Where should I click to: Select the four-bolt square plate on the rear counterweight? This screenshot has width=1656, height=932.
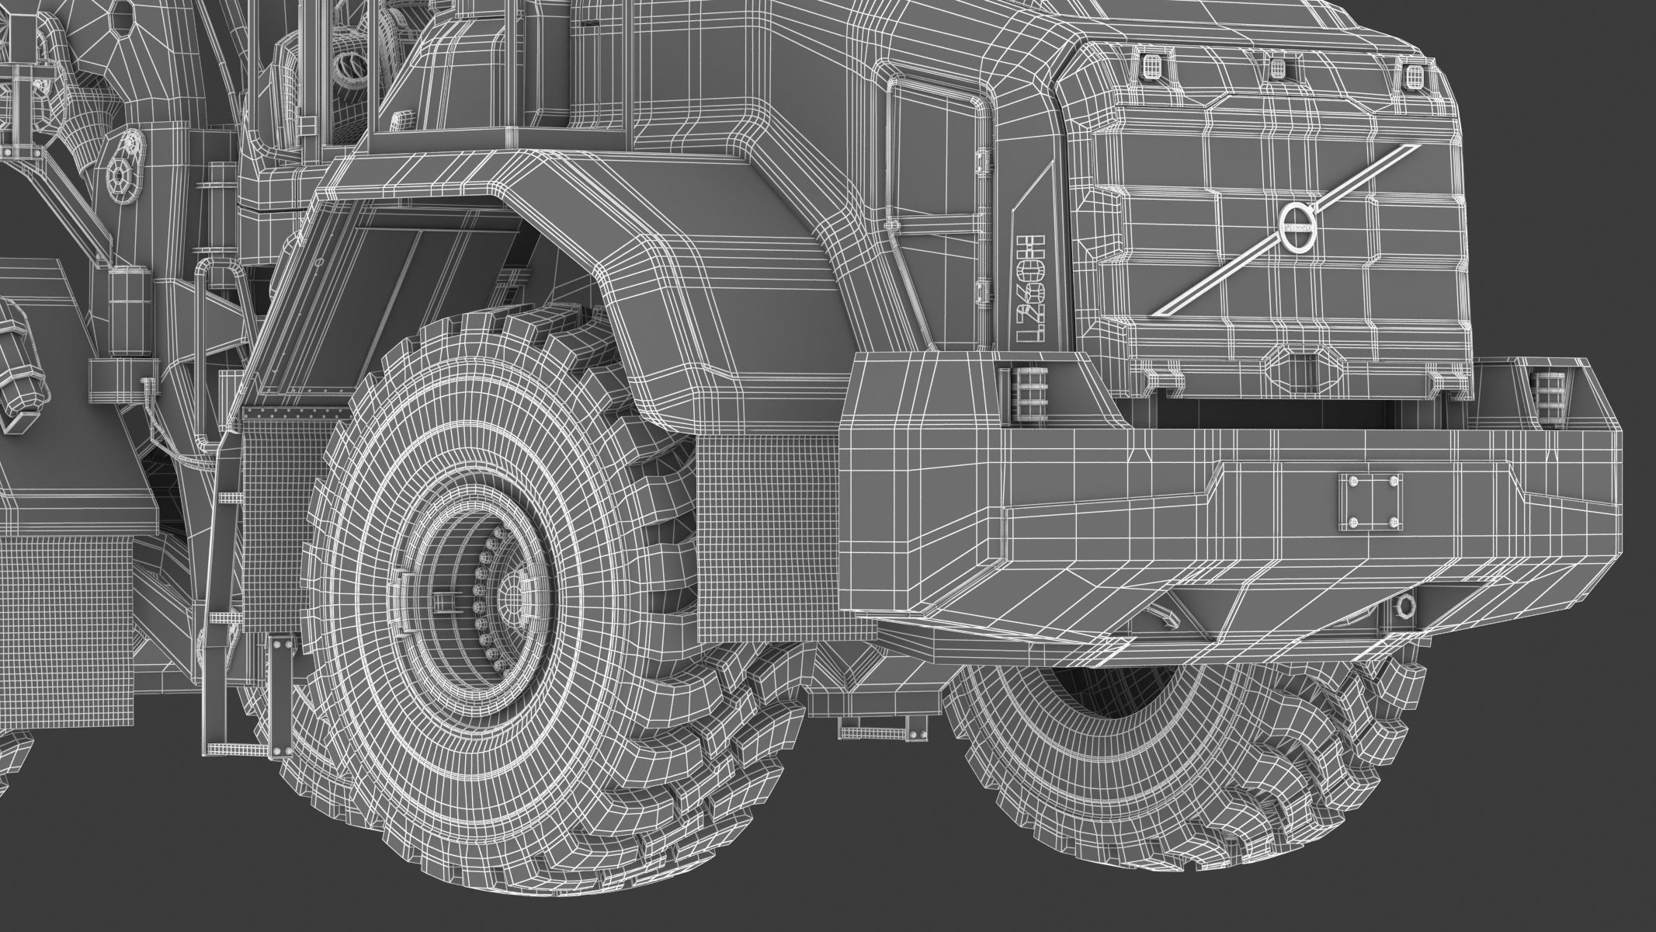[1370, 503]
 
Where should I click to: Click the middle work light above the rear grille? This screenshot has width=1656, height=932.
[1276, 68]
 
